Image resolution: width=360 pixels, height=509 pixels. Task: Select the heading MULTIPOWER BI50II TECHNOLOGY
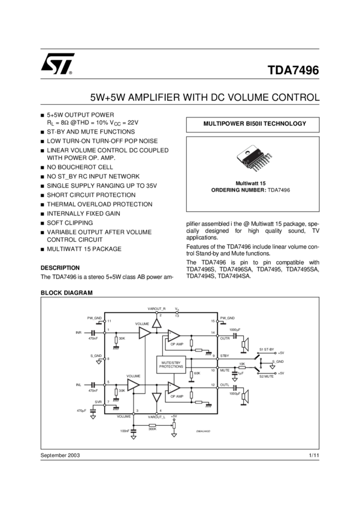pyautogui.click(x=255, y=124)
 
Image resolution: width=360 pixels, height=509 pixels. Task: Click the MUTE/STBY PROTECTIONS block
pyautogui.click(x=171, y=364)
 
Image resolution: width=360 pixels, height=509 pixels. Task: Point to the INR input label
pyautogui.click(x=78, y=332)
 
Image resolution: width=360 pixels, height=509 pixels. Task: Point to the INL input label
pyautogui.click(x=78, y=384)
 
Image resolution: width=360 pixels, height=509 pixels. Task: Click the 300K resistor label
pyautogui.click(x=152, y=428)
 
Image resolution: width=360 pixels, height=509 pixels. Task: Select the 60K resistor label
pyautogui.click(x=198, y=373)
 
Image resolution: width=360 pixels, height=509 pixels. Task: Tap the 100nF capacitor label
pyautogui.click(x=125, y=431)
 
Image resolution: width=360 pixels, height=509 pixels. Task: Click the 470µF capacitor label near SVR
pyautogui.click(x=81, y=410)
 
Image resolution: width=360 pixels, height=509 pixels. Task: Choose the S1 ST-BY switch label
pyautogui.click(x=267, y=349)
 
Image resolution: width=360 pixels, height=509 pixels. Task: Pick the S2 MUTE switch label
pyautogui.click(x=266, y=377)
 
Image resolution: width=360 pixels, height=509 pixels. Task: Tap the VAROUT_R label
pyautogui.click(x=156, y=308)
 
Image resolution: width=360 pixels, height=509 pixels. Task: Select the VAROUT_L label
pyautogui.click(x=156, y=416)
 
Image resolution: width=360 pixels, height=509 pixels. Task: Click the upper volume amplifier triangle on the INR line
pyautogui.click(x=144, y=332)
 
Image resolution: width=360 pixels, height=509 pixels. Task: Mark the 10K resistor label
pyautogui.click(x=241, y=363)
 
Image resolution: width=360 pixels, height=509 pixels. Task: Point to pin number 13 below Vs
pyautogui.click(x=177, y=315)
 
